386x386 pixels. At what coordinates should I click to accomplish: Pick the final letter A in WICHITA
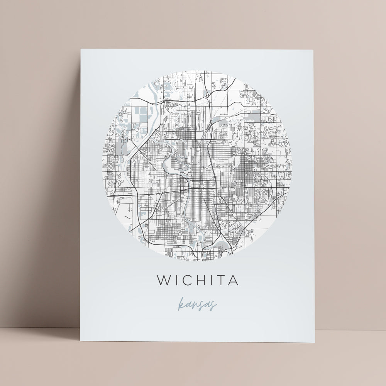pos(233,281)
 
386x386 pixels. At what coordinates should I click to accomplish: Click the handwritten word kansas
pos(197,305)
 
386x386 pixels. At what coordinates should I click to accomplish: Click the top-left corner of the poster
pos(81,49)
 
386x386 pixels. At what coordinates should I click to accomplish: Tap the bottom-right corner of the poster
pos(315,342)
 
